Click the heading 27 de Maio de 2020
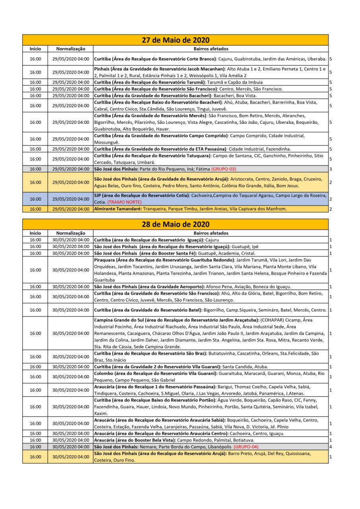coord(175,40)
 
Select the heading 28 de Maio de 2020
coord(175,225)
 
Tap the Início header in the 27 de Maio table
coord(35,49)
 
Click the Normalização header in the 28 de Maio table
coord(71,233)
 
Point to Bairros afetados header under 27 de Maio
coord(211,49)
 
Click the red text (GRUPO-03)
coord(224,169)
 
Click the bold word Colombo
coord(103,373)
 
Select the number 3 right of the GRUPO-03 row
coord(331,169)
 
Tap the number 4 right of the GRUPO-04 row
coord(331,447)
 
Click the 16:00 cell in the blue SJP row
coord(35,199)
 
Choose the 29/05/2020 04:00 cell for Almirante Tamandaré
coord(71,209)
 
